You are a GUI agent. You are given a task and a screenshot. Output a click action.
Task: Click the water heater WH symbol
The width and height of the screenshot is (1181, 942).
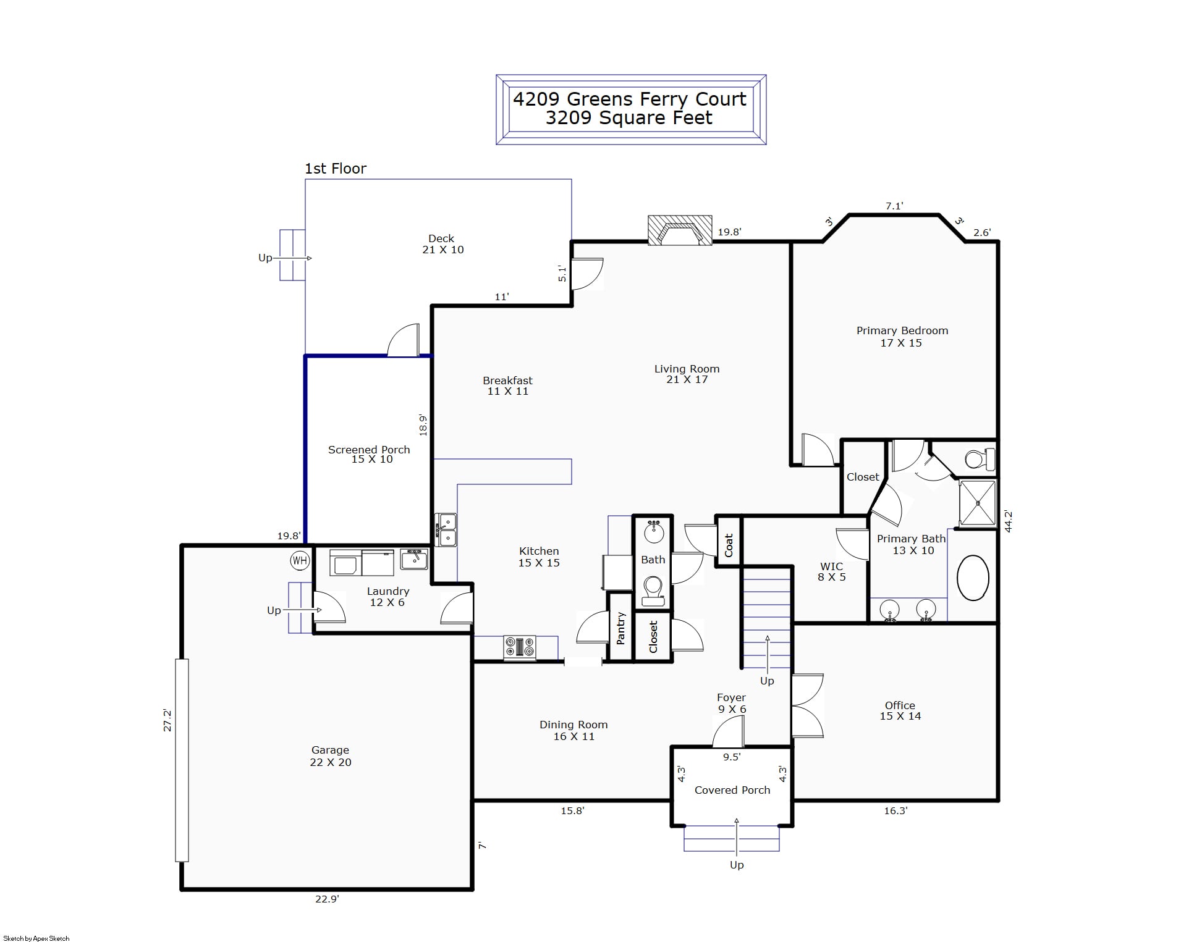tap(300, 561)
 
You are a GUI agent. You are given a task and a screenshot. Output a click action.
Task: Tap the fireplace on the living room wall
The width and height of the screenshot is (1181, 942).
tap(680, 230)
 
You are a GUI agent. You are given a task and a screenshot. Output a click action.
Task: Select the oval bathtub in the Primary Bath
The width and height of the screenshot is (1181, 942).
tap(973, 578)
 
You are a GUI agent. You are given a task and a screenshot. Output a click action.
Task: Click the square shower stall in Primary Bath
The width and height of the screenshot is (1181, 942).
tap(978, 503)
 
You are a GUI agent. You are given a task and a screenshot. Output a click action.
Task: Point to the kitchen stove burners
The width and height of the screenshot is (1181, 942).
tap(520, 647)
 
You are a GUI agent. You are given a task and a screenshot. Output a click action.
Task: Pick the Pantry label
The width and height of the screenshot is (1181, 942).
tap(621, 628)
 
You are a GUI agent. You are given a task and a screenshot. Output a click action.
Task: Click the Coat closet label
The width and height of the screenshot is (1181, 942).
tap(729, 545)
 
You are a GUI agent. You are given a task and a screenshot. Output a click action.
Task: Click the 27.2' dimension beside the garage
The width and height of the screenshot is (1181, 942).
tap(167, 720)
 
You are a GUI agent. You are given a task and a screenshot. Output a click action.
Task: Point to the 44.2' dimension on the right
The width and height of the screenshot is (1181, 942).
tap(1008, 521)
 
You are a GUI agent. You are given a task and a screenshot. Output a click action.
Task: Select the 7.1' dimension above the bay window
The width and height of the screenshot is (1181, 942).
tap(894, 206)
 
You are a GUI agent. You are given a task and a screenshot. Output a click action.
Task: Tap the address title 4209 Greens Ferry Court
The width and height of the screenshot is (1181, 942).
tap(630, 99)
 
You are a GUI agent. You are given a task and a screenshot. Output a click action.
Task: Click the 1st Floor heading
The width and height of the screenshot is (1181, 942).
tap(336, 169)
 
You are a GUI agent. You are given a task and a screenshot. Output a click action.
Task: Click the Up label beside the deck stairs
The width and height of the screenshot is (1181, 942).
tap(265, 258)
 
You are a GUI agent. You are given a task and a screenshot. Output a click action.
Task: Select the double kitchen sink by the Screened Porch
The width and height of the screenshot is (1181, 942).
tap(446, 530)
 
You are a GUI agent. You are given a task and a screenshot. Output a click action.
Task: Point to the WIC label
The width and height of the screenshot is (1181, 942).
tap(831, 566)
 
